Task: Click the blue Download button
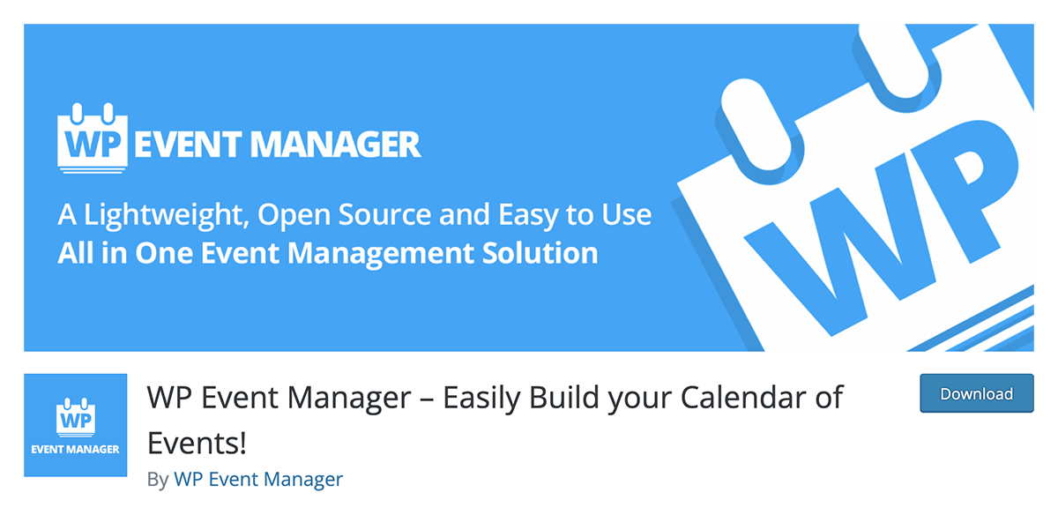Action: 976,393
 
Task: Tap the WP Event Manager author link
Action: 258,479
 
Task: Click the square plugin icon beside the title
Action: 76,425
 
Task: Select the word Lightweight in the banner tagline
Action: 167,216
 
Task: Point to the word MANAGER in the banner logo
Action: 335,145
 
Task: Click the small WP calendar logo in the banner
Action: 93,138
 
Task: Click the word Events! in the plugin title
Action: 197,444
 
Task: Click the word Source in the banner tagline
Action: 384,214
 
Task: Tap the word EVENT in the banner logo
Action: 188,145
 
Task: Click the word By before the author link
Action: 158,481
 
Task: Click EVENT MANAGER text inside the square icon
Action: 76,450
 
